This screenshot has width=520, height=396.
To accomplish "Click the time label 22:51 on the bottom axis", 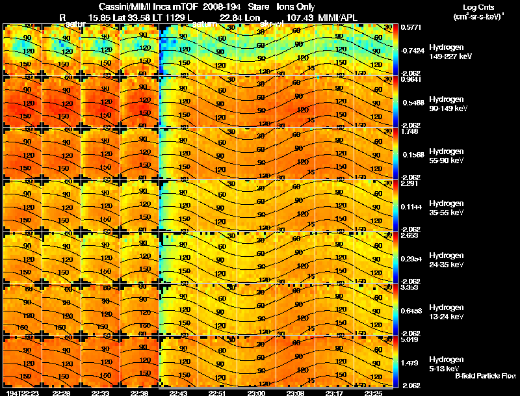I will click(x=218, y=393).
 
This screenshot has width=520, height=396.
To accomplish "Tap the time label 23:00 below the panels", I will click(x=257, y=393).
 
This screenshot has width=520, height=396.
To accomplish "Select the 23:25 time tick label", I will click(x=374, y=393).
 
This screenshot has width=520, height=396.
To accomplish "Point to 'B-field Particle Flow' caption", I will click(x=485, y=376).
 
